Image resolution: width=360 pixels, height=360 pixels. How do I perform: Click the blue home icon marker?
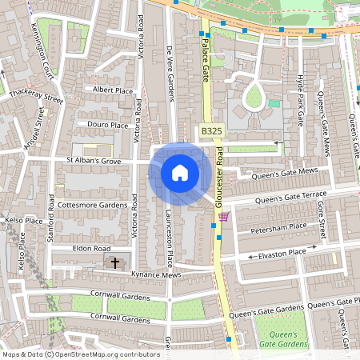pos(180,173)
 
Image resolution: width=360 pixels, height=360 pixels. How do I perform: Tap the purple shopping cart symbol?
pos(223,216)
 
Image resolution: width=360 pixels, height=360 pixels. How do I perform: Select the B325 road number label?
pos(211,130)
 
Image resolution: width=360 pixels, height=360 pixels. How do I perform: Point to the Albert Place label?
pos(112,90)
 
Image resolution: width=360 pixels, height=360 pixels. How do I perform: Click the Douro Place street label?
pos(108,125)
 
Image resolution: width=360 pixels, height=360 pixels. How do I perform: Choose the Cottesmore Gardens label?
pos(92,205)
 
